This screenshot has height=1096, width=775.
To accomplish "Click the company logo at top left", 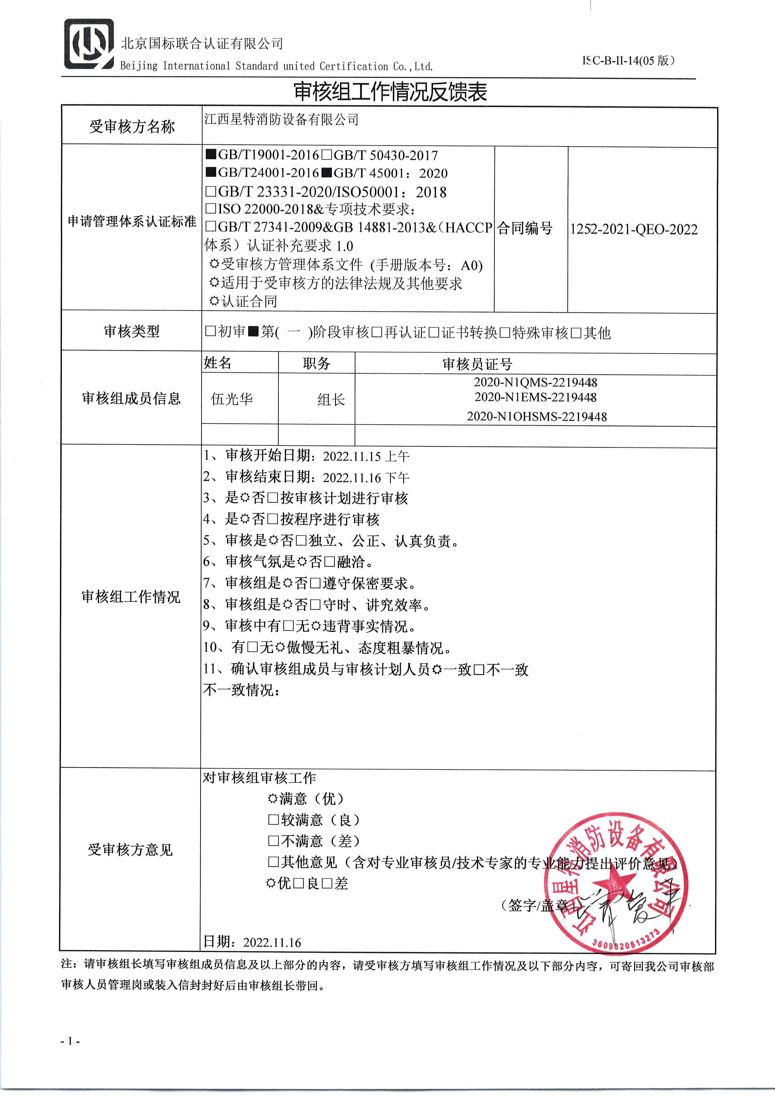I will (89, 44).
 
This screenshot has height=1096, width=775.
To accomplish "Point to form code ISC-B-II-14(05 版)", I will (628, 61).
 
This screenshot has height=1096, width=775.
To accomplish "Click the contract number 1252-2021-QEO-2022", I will (634, 230).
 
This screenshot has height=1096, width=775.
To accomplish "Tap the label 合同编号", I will (524, 229).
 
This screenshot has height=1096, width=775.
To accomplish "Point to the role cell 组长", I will (331, 400).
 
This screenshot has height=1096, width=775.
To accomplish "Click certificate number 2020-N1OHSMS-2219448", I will (537, 416).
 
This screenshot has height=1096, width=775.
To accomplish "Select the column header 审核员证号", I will (477, 364).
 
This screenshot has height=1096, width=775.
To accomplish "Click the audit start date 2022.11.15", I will (353, 456).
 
